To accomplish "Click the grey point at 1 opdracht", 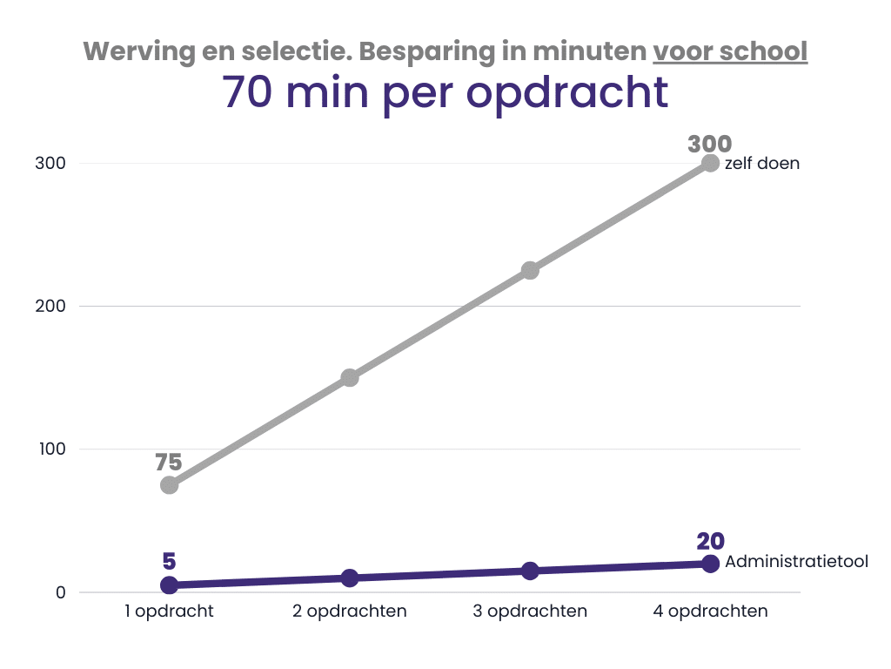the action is (170, 485).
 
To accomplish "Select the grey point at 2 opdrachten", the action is (350, 378).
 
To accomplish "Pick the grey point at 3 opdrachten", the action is (530, 270).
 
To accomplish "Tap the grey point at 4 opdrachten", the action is (710, 163).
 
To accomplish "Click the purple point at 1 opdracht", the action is (170, 585).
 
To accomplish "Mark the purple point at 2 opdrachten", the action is (350, 578).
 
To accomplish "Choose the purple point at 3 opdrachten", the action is (530, 571).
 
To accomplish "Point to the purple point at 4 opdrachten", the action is (710, 564).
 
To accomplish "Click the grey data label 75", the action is (169, 463).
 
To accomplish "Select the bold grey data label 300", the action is (710, 144).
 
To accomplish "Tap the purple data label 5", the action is (170, 562).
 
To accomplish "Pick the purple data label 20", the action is (710, 541).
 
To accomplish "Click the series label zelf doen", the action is (762, 163).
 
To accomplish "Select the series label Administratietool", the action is (797, 562).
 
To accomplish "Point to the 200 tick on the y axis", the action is (50, 306).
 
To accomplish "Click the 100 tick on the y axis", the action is (52, 449).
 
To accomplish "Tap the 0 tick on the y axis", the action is (61, 592).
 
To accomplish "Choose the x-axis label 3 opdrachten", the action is (530, 611).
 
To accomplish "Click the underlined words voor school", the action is (730, 51).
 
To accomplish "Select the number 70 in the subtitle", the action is (247, 92).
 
